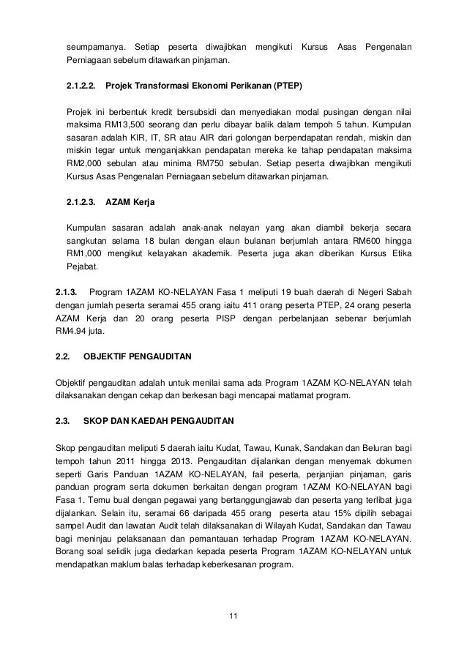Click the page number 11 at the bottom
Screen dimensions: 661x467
tap(233, 622)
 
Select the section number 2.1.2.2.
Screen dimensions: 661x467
tap(81, 87)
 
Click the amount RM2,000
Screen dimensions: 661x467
tap(86, 164)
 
